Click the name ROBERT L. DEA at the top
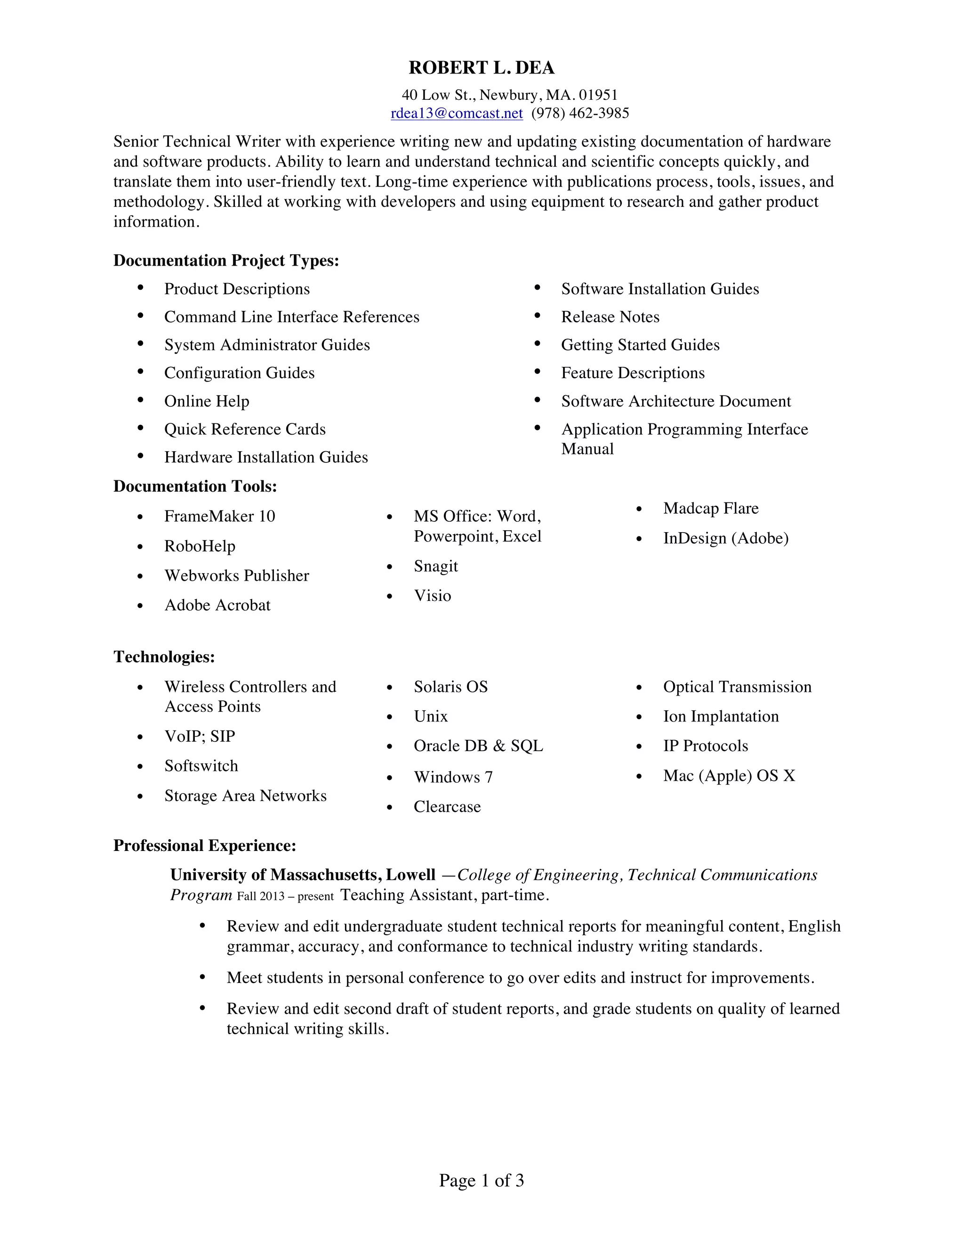[482, 68]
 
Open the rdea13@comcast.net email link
[456, 113]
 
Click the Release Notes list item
[610, 316]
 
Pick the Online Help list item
[207, 401]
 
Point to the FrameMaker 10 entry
[219, 516]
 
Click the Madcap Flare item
[710, 508]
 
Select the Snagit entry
[436, 566]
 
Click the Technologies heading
[164, 656]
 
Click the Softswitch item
[201, 766]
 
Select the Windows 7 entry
[453, 777]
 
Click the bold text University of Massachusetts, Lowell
[303, 875]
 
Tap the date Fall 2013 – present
[285, 896]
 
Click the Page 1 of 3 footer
[481, 1180]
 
